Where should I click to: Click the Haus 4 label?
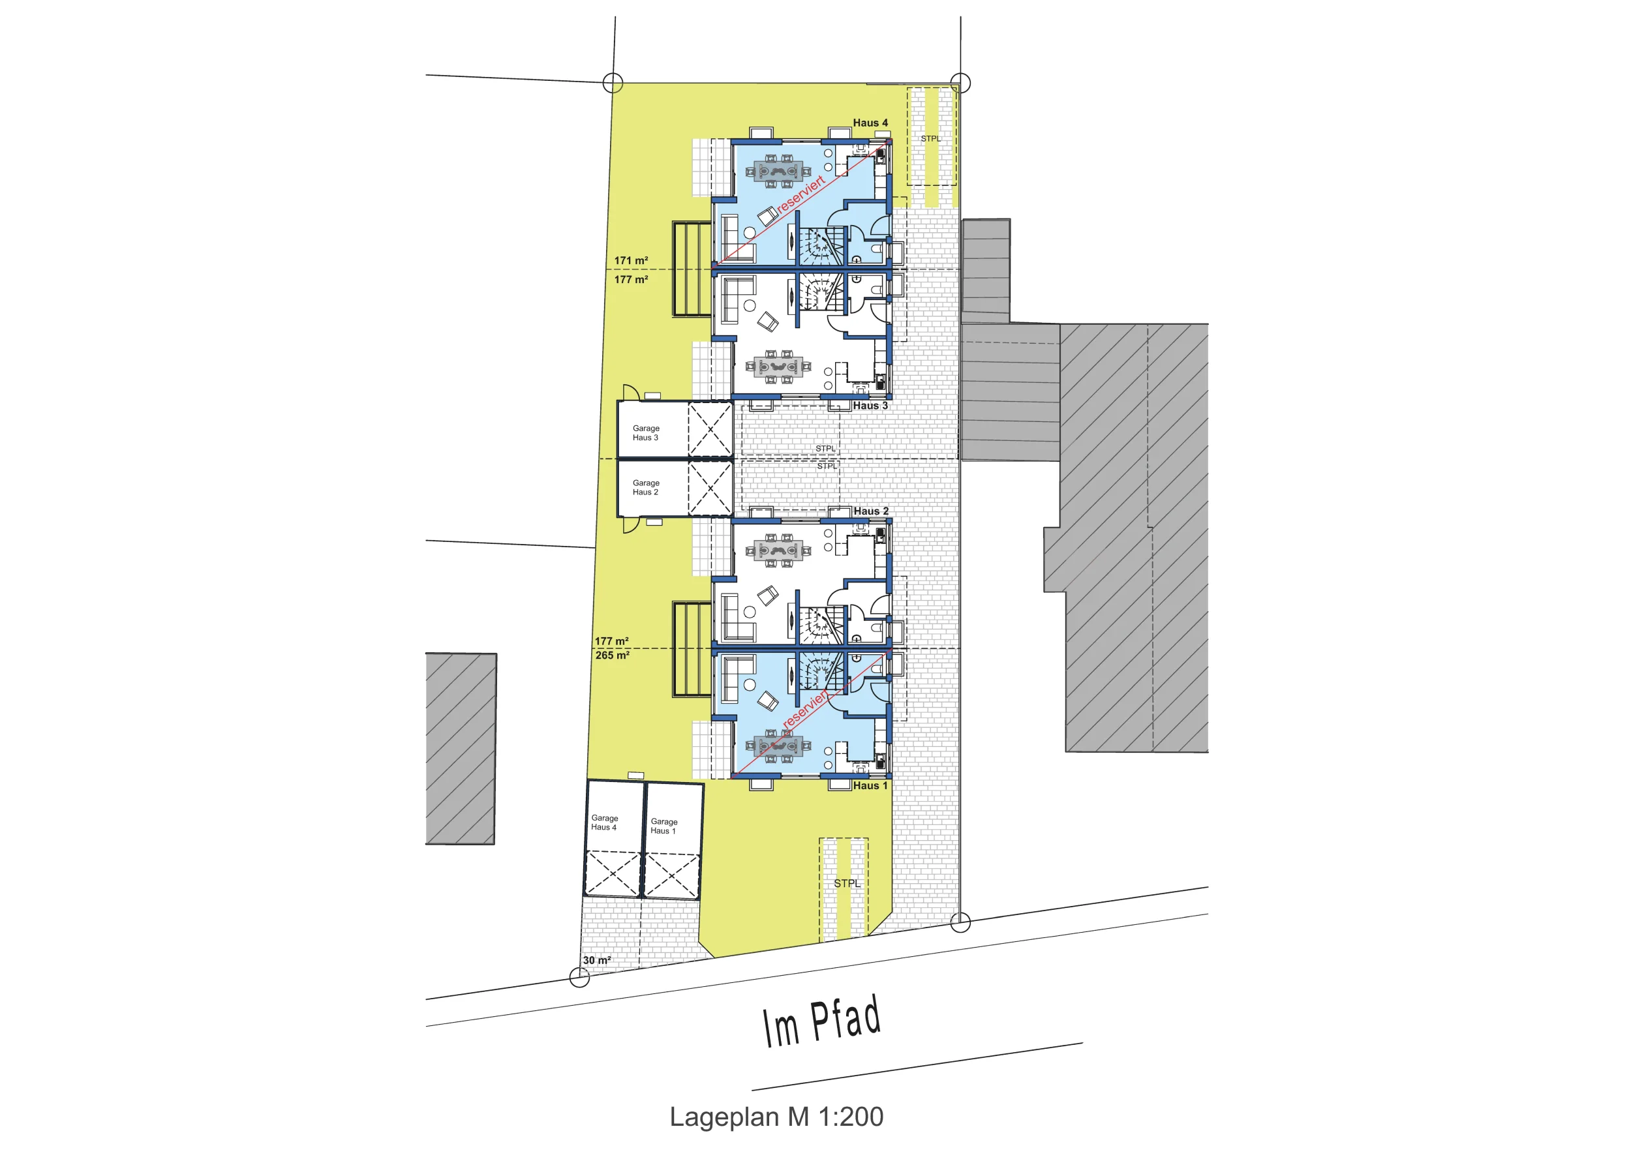click(x=870, y=123)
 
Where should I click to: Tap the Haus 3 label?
click(x=870, y=405)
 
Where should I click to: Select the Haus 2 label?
click(x=871, y=511)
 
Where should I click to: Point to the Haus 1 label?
click(x=870, y=786)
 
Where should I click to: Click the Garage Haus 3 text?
click(x=646, y=433)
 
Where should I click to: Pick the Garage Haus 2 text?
click(x=646, y=488)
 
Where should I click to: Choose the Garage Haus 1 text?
click(x=663, y=826)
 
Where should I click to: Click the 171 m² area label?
click(x=631, y=261)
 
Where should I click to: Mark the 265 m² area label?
click(x=612, y=656)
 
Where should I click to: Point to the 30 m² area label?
click(x=596, y=960)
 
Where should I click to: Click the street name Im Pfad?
click(x=821, y=1021)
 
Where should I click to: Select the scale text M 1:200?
click(x=835, y=1117)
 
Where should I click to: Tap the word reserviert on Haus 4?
click(x=801, y=194)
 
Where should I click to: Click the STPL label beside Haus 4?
click(x=930, y=139)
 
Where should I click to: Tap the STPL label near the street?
click(x=847, y=884)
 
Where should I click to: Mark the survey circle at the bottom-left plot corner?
click(x=579, y=977)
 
